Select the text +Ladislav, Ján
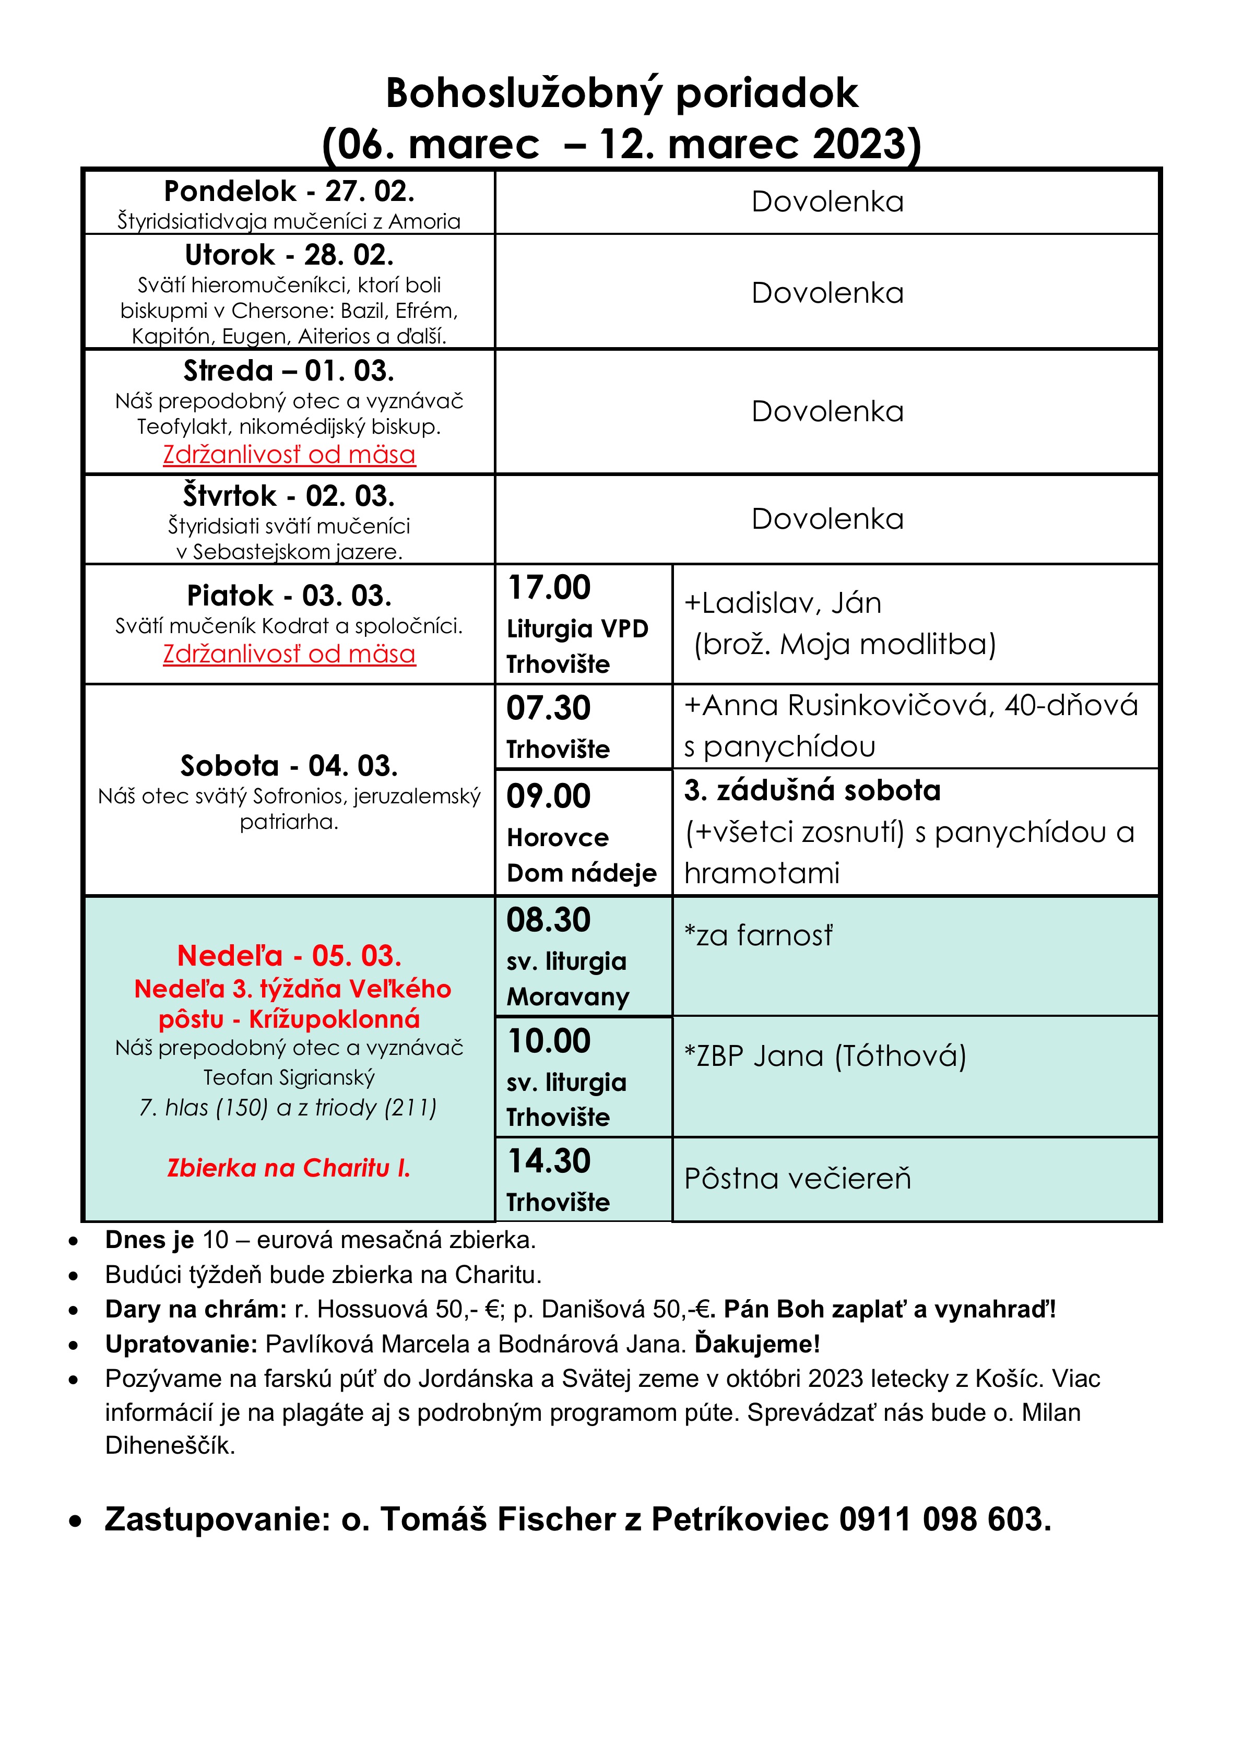(x=782, y=603)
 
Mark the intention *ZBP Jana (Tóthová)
(x=825, y=1056)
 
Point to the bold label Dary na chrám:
(x=195, y=1309)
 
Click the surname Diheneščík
(x=169, y=1446)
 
